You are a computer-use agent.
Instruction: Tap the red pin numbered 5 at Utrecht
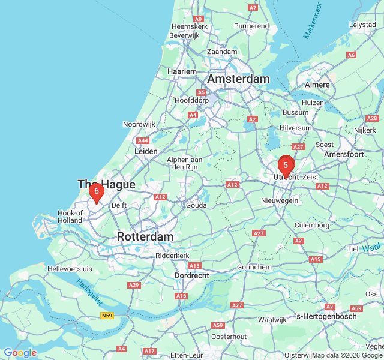point(286,165)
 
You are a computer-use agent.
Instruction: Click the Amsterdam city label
point(238,79)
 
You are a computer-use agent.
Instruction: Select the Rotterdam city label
point(145,236)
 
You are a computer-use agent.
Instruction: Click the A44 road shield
point(143,140)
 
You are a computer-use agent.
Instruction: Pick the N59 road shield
point(107,316)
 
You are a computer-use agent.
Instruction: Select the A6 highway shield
point(351,55)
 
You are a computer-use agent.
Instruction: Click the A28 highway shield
point(372,118)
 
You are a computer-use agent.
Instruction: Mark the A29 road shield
point(134,285)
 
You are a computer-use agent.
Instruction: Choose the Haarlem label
point(182,71)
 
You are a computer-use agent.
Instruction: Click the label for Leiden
point(146,152)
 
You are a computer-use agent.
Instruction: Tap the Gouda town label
point(196,205)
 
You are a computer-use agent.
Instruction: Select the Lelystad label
point(362,25)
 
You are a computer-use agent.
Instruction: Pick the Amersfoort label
point(344,154)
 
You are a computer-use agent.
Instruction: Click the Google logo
point(20,352)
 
